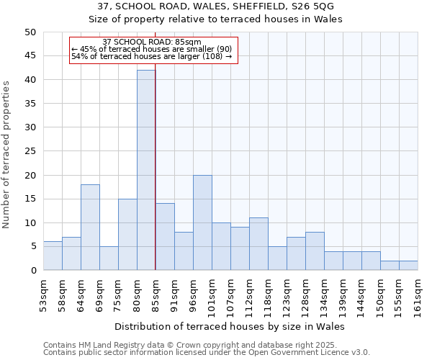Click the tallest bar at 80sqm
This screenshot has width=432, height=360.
click(x=146, y=170)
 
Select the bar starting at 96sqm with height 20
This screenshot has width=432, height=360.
click(x=202, y=222)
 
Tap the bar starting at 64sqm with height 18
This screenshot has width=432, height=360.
click(x=90, y=228)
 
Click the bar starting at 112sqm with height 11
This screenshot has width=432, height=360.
click(x=258, y=244)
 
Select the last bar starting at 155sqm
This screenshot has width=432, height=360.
click(x=408, y=266)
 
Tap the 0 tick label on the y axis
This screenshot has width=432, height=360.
click(x=32, y=271)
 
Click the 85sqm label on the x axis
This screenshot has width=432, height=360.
click(x=156, y=292)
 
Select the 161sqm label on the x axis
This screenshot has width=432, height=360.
click(x=418, y=294)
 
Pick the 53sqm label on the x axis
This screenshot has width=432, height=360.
click(x=43, y=292)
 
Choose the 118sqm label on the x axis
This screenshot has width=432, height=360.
click(x=268, y=294)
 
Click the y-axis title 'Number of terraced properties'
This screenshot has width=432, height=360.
click(x=6, y=154)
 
